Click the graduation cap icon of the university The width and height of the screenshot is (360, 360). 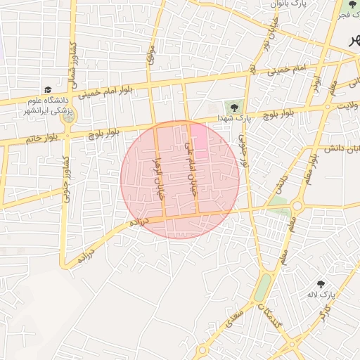(47, 89)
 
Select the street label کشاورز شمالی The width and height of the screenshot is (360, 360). (70, 65)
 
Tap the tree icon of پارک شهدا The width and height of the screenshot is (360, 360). (231, 107)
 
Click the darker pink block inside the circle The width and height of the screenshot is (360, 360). (200, 137)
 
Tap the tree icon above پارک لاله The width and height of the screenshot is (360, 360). (321, 284)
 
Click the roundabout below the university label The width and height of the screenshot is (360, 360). (67, 117)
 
